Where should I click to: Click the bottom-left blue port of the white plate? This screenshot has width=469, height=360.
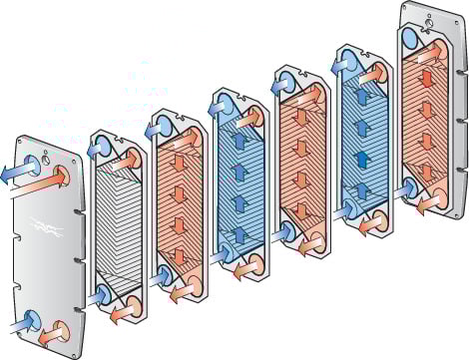[x=106, y=296]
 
